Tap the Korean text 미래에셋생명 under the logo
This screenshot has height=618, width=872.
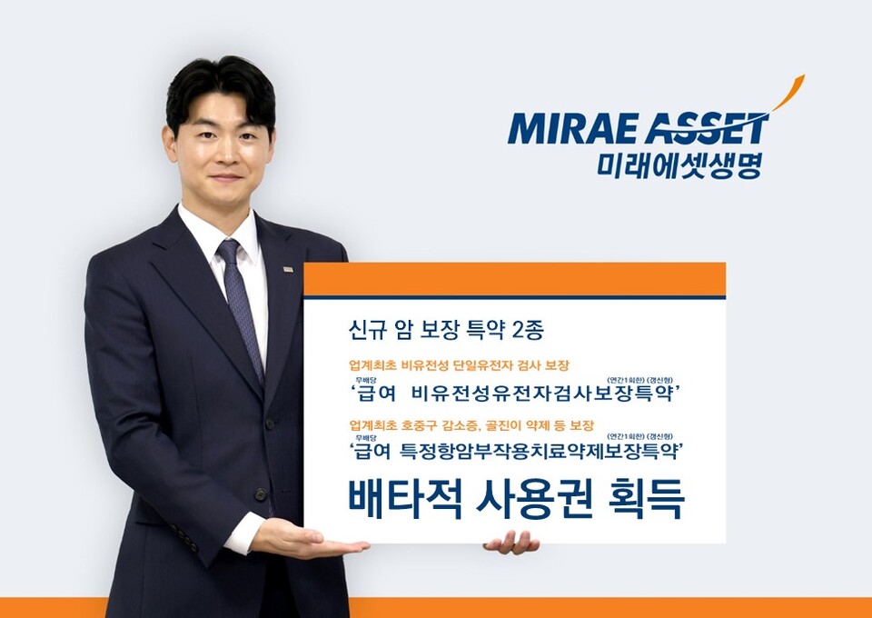[679, 164]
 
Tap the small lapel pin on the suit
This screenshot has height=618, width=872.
[287, 269]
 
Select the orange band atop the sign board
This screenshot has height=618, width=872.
[514, 279]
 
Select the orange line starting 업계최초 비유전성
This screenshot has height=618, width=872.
[459, 365]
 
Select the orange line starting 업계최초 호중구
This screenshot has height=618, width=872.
[471, 424]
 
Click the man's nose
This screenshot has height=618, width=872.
[225, 153]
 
